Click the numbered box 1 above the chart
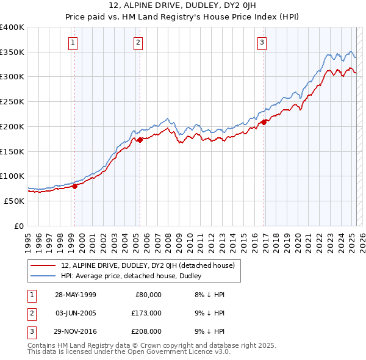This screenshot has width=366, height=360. tap(73, 42)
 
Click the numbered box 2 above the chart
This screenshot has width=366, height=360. tap(138, 42)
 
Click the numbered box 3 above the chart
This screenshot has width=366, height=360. tap(262, 42)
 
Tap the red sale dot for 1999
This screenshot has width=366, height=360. tap(75, 186)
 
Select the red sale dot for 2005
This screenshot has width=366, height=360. tap(140, 140)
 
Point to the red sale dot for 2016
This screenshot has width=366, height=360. tap(264, 122)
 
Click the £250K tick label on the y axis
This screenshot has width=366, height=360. tap(12, 101)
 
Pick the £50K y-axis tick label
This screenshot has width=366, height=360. tap(14, 201)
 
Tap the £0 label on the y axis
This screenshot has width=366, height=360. tap(19, 226)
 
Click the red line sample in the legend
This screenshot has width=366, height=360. tap(43, 265)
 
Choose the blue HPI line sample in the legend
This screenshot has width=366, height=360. tap(43, 276)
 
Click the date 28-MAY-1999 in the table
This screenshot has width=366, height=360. tap(76, 295)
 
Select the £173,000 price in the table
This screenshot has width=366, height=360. tap(146, 313)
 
